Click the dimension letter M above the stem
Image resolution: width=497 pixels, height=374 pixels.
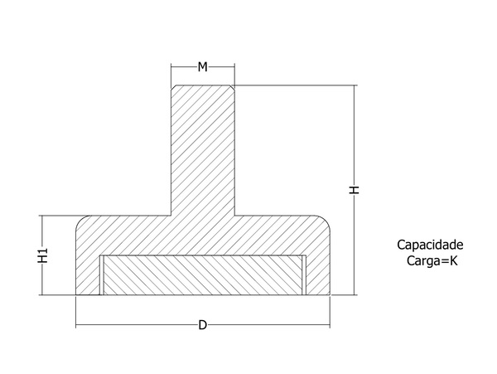tap(203, 67)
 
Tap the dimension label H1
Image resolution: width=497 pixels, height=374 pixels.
tap(43, 255)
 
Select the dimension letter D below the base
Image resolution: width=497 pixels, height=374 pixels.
tap(203, 325)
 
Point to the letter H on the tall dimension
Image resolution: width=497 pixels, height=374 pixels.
tap(354, 190)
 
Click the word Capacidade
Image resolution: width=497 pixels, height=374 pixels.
tap(430, 245)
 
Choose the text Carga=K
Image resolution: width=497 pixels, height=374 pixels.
tap(432, 261)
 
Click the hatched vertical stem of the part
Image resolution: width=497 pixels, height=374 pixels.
tap(203, 150)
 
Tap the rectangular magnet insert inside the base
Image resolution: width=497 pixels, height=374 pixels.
tap(203, 275)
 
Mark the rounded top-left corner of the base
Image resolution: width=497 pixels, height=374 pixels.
tap(82, 222)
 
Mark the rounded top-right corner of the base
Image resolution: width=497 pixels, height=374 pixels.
tap(324, 222)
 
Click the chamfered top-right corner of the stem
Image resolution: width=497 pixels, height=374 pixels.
tap(232, 87)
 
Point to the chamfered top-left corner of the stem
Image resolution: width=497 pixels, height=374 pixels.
tap(173, 87)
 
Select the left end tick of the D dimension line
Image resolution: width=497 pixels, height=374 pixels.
tap(76, 325)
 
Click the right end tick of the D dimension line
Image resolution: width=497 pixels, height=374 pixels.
tap(330, 325)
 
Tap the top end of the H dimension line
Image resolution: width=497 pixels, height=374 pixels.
tap(355, 85)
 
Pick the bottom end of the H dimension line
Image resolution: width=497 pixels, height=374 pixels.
tap(355, 295)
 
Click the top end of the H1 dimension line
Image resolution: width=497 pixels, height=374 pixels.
tap(42, 216)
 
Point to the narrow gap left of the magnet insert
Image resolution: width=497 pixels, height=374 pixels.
tap(102, 275)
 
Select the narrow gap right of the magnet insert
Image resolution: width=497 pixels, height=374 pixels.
tap(304, 275)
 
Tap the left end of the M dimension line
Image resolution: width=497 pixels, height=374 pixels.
tap(171, 67)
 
